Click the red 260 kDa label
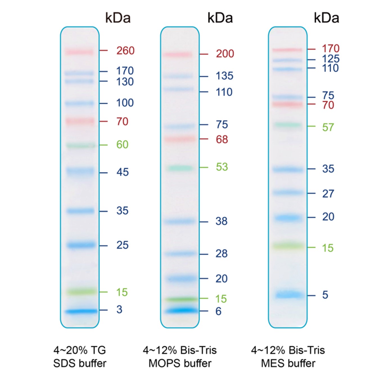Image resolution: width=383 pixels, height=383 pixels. (x=125, y=51)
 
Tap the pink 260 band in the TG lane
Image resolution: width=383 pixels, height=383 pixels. (x=79, y=52)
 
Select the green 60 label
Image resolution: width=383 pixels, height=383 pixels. (x=122, y=145)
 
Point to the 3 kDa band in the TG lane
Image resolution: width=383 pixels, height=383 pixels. (x=81, y=311)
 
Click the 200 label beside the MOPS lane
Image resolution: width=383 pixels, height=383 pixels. (x=225, y=54)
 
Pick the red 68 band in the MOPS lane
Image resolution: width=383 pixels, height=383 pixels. (x=180, y=139)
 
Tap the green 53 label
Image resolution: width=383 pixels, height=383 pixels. (x=222, y=167)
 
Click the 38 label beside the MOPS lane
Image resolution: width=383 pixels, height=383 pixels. (x=221, y=221)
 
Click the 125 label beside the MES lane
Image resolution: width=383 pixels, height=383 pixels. (x=331, y=59)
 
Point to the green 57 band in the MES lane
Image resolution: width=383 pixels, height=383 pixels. (x=288, y=125)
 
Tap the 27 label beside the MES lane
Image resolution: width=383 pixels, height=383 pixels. (x=328, y=193)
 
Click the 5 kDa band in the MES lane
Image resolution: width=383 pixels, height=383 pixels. (x=289, y=295)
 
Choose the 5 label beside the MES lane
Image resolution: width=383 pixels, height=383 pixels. (x=325, y=295)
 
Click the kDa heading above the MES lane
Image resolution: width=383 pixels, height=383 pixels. (x=326, y=18)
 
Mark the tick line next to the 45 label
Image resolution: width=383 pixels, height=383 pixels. (x=103, y=172)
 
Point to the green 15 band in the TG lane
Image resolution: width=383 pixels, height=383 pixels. (x=81, y=292)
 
